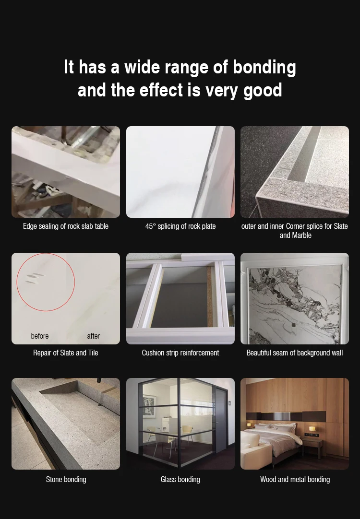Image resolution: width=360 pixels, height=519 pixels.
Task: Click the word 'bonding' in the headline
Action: [x=264, y=68]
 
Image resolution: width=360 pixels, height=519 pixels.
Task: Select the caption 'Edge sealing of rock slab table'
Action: [x=66, y=226]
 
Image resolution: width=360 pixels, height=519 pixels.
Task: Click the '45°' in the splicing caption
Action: [x=150, y=226]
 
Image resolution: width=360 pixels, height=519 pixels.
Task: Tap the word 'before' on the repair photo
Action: [x=40, y=336]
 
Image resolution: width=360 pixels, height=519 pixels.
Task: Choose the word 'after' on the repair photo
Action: [x=94, y=336]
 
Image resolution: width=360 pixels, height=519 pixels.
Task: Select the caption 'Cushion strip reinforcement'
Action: [x=180, y=353]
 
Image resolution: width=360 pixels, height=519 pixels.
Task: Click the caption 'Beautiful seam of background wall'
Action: [x=294, y=353]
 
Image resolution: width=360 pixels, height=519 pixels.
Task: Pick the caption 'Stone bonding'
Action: [x=66, y=479]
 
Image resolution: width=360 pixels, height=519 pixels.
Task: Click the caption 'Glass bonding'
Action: [x=180, y=479]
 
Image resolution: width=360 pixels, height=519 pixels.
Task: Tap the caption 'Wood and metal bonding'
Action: [x=295, y=479]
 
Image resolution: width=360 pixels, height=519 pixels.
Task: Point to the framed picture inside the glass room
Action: [x=149, y=406]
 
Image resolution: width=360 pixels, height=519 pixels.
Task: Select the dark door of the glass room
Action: [x=221, y=420]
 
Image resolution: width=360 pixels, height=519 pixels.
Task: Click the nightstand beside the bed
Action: [x=312, y=447]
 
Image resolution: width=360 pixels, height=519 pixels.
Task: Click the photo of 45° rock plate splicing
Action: [x=180, y=172]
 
